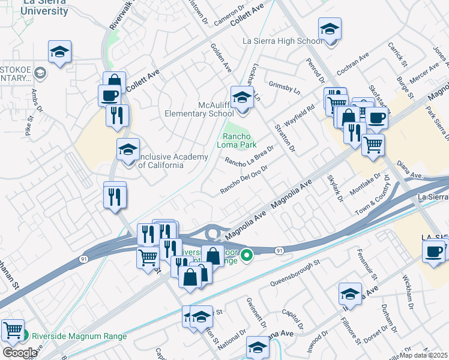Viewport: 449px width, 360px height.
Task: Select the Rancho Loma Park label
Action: [x=240, y=140]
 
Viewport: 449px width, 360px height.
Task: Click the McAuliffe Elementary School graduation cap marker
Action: [x=243, y=97]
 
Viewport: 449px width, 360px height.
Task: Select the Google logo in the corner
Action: [x=19, y=353]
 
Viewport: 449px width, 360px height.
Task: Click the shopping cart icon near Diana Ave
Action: [x=373, y=145]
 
